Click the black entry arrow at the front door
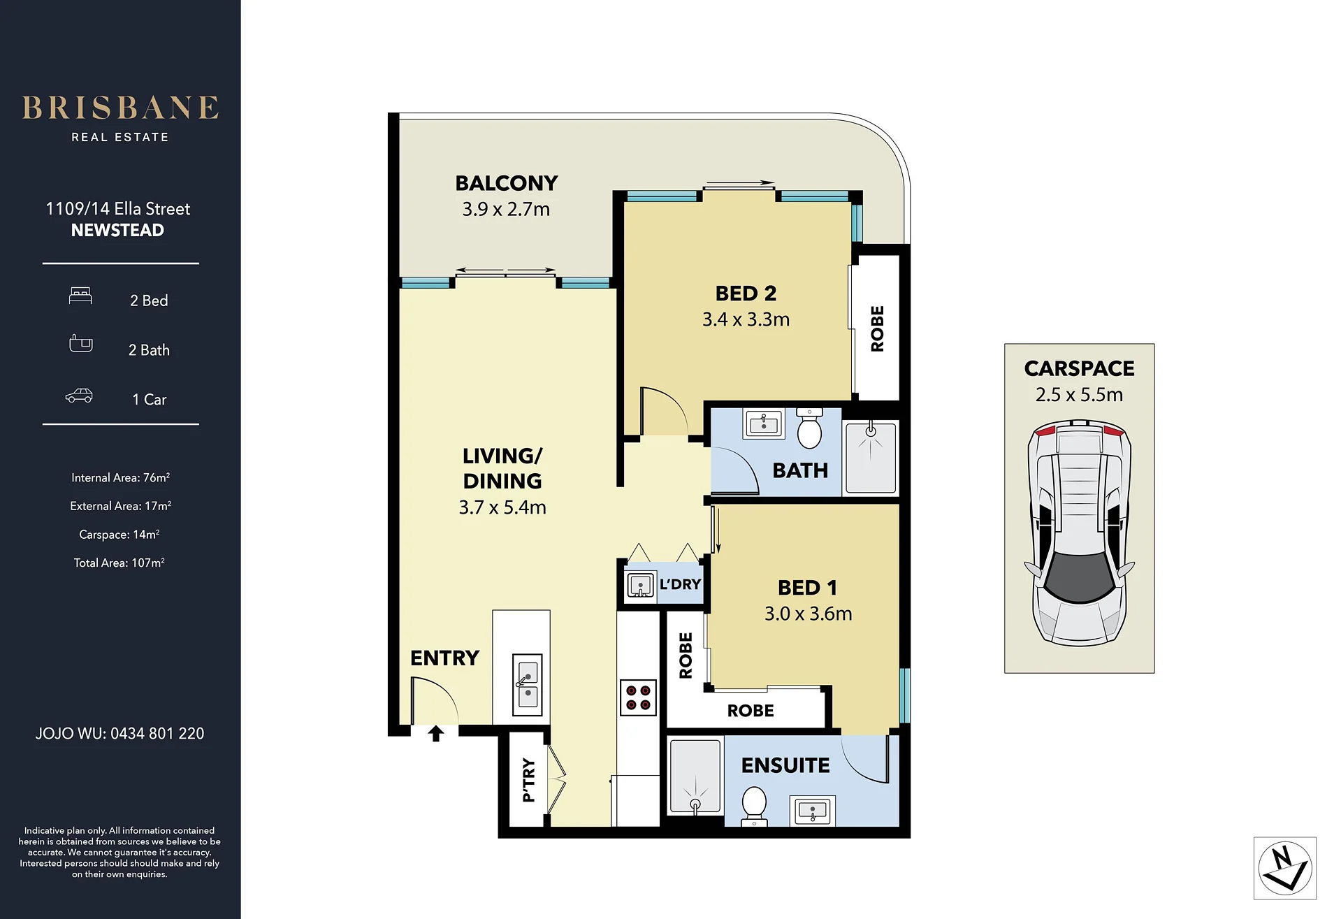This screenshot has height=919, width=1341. point(436,733)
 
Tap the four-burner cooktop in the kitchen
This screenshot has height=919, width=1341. point(638,697)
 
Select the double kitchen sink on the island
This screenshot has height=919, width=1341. point(528,685)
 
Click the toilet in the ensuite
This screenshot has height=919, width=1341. point(754,806)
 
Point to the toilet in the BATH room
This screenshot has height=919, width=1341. point(809,428)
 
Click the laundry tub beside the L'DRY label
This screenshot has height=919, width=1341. point(640,584)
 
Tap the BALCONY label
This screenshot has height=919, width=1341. point(507,183)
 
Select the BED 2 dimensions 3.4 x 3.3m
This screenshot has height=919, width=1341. point(746,319)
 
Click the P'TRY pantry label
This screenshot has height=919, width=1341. point(529,780)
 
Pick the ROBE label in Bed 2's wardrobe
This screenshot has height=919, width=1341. point(877,328)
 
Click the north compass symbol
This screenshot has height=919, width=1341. point(1285,868)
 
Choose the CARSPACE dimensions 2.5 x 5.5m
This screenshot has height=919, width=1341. point(1079,395)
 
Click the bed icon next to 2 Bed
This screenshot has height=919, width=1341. point(80,296)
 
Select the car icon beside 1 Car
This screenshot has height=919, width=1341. point(79,396)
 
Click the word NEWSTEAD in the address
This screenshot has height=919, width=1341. point(117,230)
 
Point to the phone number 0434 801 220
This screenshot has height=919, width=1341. point(157,734)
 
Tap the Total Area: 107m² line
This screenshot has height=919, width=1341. point(119,563)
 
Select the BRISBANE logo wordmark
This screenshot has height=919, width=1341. point(120,108)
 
